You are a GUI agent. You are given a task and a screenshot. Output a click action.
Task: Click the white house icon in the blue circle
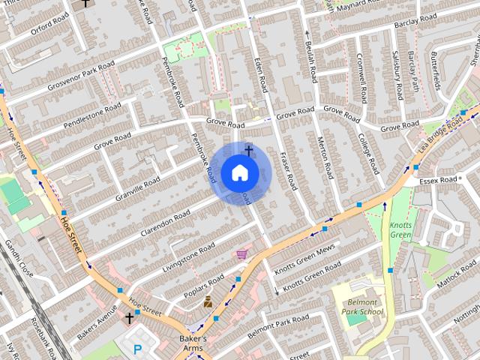point(239,172)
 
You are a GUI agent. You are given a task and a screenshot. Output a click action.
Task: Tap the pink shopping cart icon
point(241,255)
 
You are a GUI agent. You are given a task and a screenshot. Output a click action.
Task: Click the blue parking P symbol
point(137,349)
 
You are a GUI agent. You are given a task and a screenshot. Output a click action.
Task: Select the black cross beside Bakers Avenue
point(129,318)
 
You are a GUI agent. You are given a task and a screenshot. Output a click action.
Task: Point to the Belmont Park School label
point(360,306)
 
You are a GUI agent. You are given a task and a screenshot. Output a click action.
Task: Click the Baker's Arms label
point(193,343)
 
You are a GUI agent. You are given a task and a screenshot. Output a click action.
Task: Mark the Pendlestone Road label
point(92,116)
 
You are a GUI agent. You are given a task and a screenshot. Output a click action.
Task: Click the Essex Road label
point(438,181)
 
